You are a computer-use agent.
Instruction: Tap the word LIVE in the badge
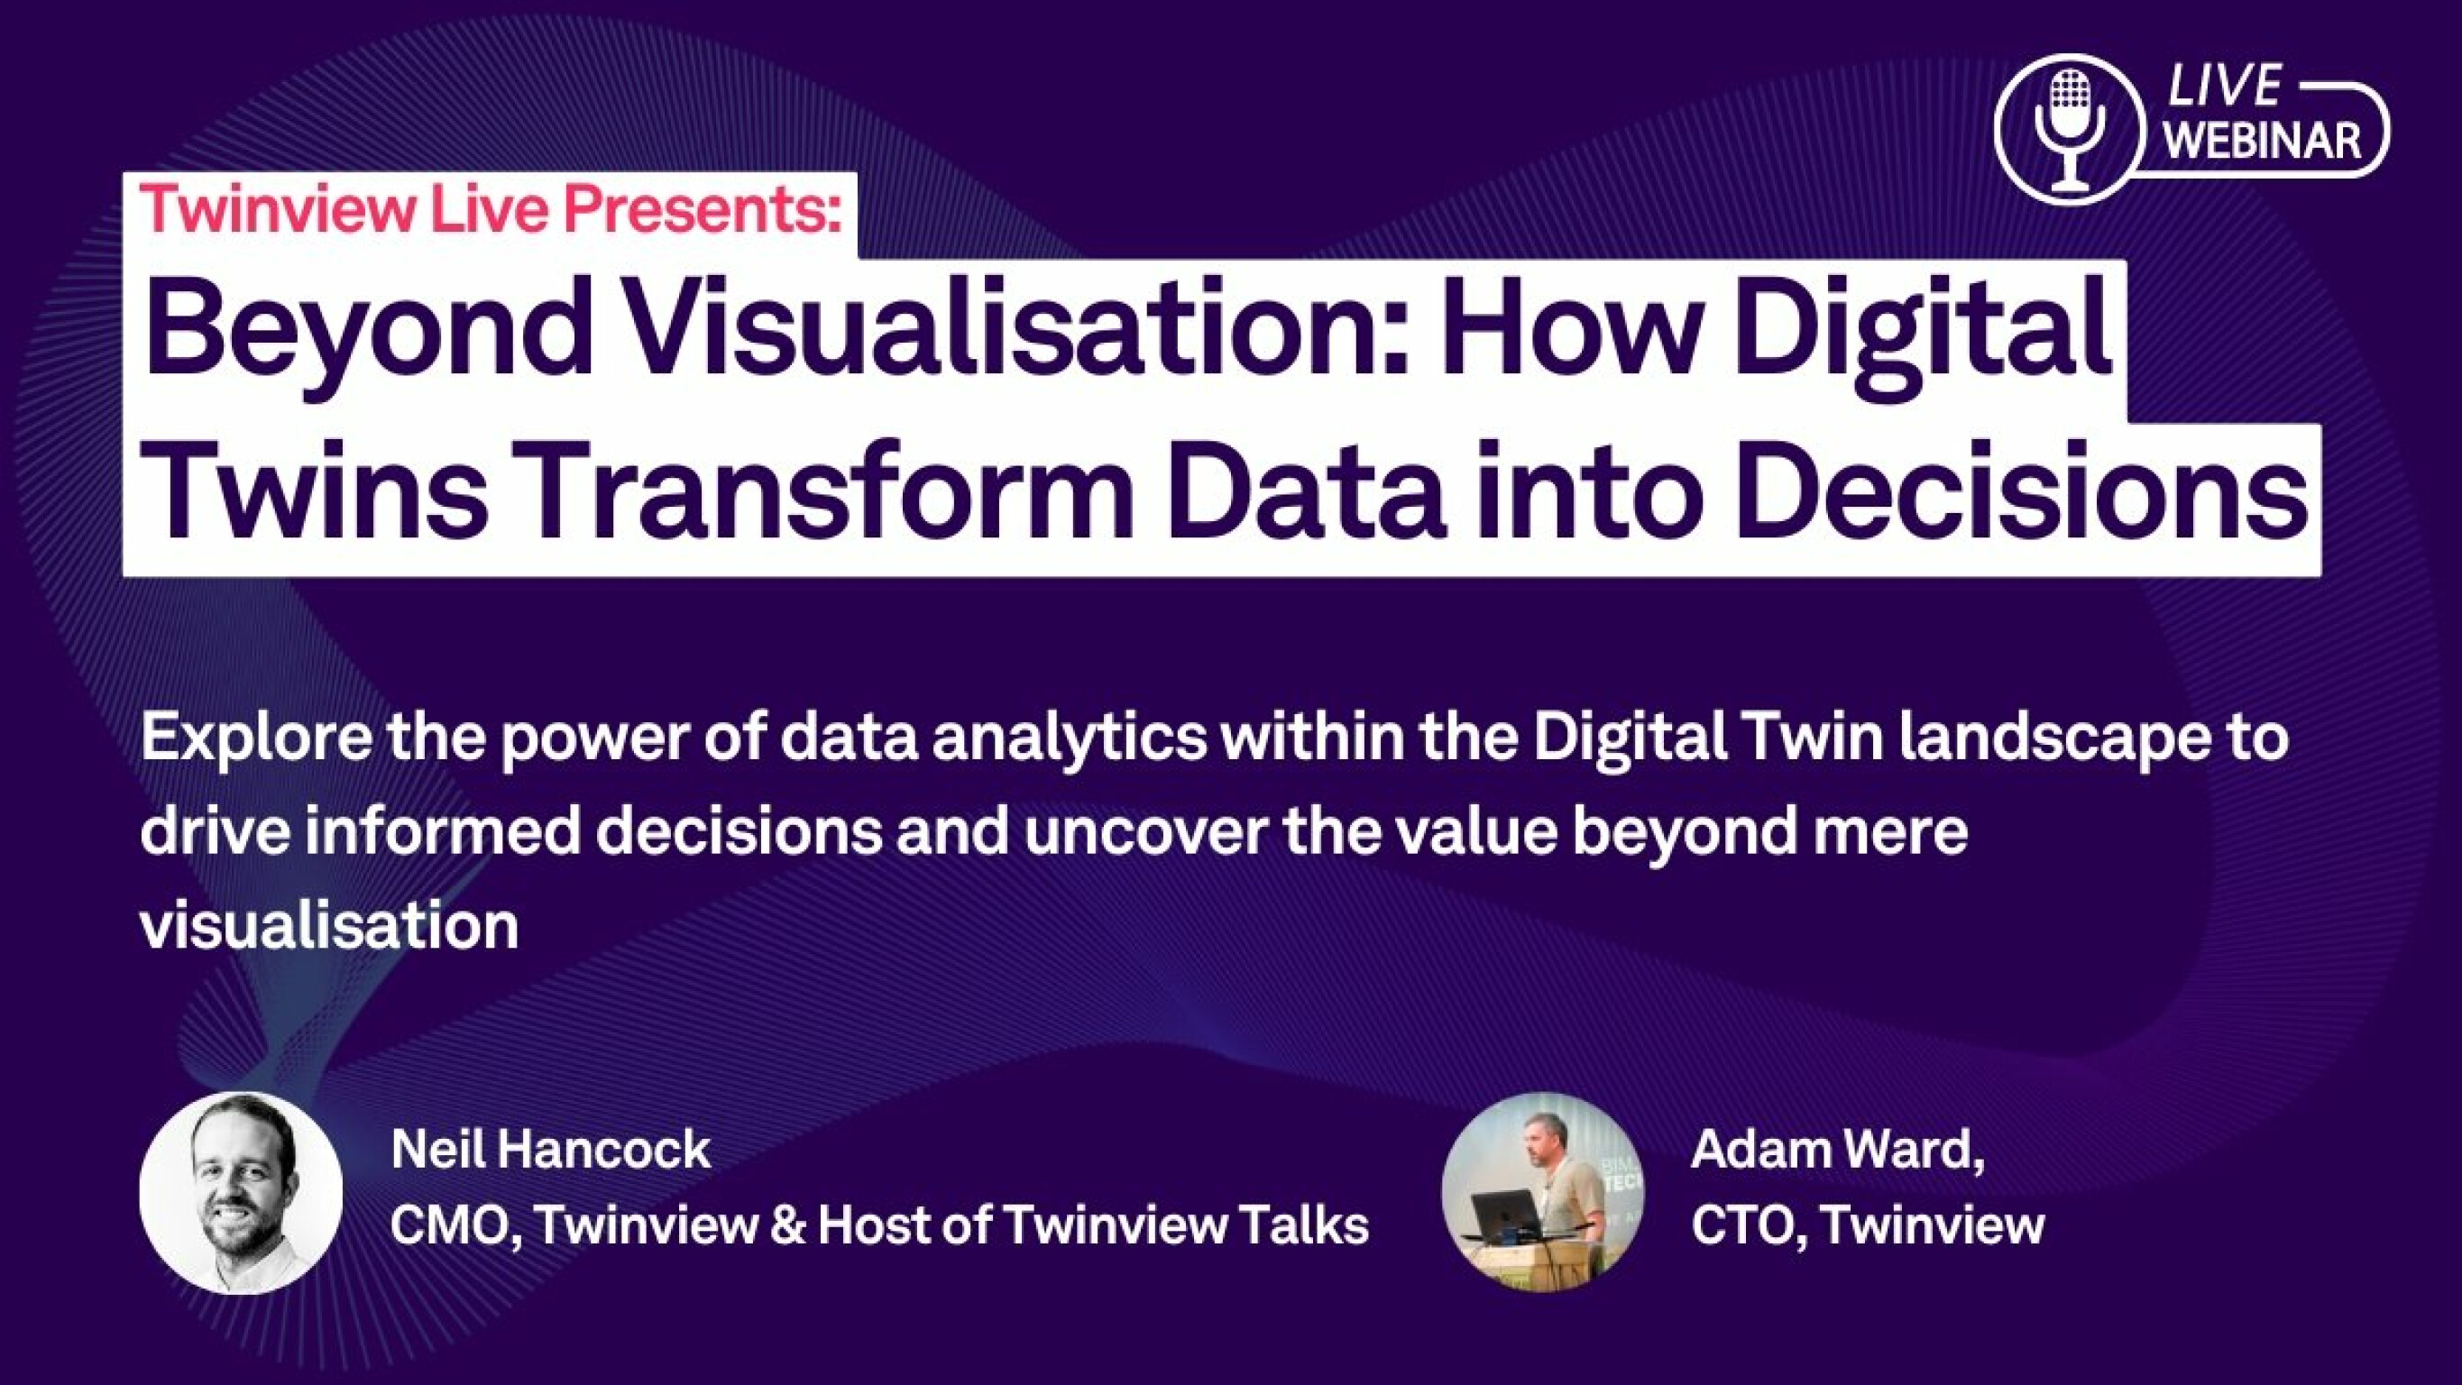(x=2223, y=87)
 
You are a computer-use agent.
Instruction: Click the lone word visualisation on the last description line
(x=330, y=925)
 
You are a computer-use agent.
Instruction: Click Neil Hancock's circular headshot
(x=241, y=1193)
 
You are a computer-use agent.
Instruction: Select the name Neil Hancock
(x=550, y=1149)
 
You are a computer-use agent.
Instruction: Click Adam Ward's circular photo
(x=1542, y=1193)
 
